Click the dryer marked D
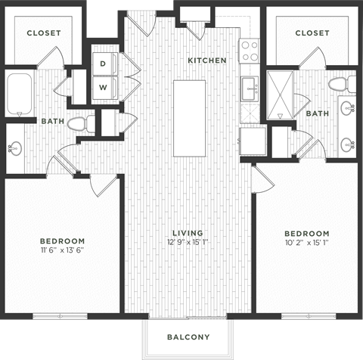[102, 64]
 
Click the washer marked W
[102, 88]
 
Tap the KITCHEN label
[207, 59]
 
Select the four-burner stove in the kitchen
[250, 51]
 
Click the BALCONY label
[189, 337]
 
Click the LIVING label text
[189, 233]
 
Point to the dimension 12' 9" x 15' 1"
[189, 242]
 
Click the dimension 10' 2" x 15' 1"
[307, 242]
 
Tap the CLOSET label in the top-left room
[44, 33]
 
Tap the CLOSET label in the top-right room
[312, 33]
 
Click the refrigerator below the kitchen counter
[252, 140]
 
